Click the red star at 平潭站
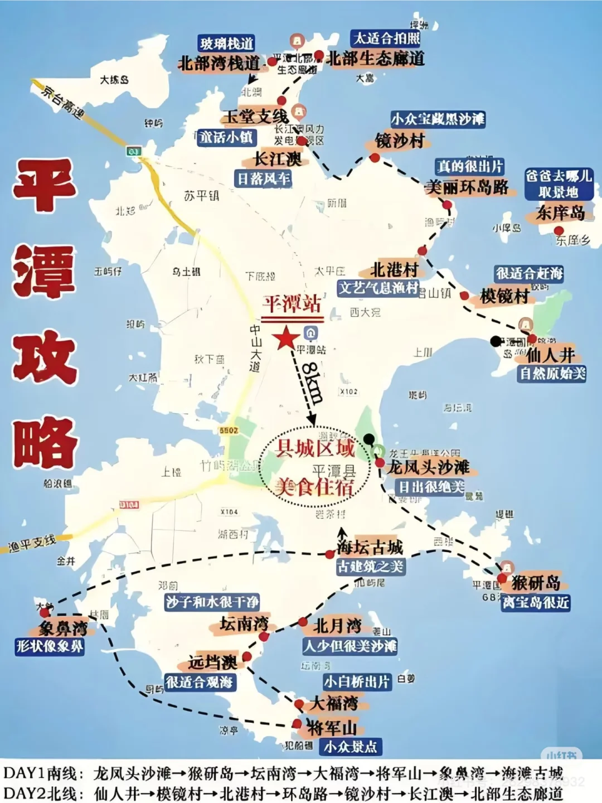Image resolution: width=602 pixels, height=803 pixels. point(286,338)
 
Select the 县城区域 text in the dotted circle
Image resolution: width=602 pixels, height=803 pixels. point(315,448)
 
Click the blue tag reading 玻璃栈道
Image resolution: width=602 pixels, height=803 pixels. point(227,43)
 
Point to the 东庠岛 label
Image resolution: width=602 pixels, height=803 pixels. point(560,212)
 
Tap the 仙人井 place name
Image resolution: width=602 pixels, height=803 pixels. point(551,355)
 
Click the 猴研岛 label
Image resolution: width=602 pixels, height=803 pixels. point(536,583)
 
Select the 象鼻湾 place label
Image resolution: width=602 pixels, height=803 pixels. point(63,628)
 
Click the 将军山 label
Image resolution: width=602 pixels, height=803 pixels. point(332,727)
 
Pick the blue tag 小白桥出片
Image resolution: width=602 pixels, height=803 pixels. point(357,681)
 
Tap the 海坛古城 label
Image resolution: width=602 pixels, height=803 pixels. point(370,547)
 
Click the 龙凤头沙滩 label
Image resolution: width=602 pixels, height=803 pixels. point(429,467)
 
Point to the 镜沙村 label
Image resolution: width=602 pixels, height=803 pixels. point(400,141)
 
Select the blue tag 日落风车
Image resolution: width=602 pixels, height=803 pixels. point(264,178)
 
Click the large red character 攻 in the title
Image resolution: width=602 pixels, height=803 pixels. point(45,357)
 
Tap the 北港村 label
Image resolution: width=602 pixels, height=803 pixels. point(395,270)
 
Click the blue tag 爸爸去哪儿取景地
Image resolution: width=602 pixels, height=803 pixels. point(558,184)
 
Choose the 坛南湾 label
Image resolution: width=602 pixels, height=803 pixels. point(244,623)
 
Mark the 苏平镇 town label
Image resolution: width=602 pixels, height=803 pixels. point(201,196)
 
